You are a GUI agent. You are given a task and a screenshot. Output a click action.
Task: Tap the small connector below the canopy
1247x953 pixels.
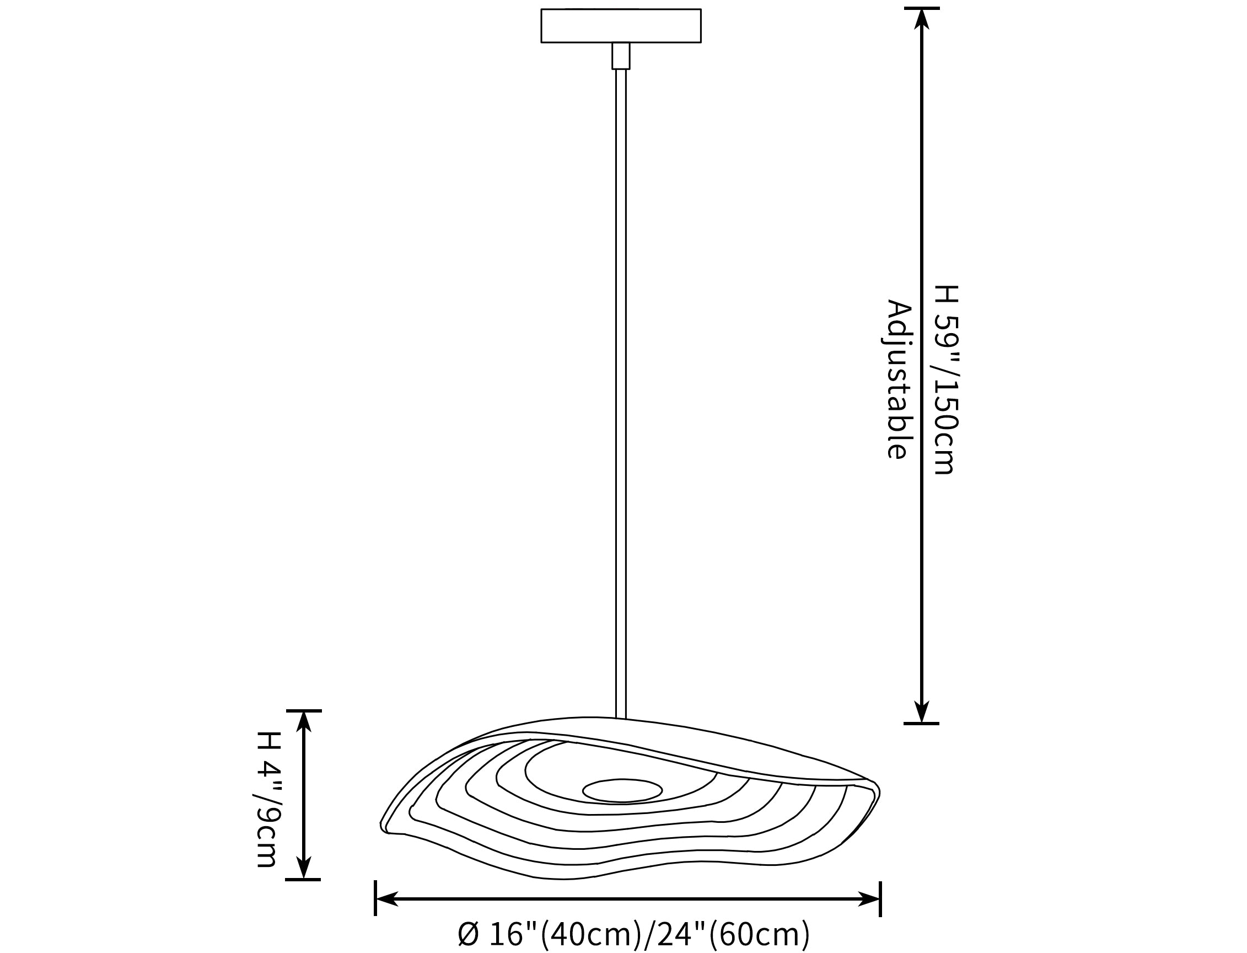tap(621, 56)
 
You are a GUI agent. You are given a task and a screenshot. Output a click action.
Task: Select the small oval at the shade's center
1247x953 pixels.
tap(622, 791)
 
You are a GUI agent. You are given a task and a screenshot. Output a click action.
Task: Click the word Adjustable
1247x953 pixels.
tap(899, 379)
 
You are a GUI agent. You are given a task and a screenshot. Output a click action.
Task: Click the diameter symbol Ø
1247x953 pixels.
tap(469, 934)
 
